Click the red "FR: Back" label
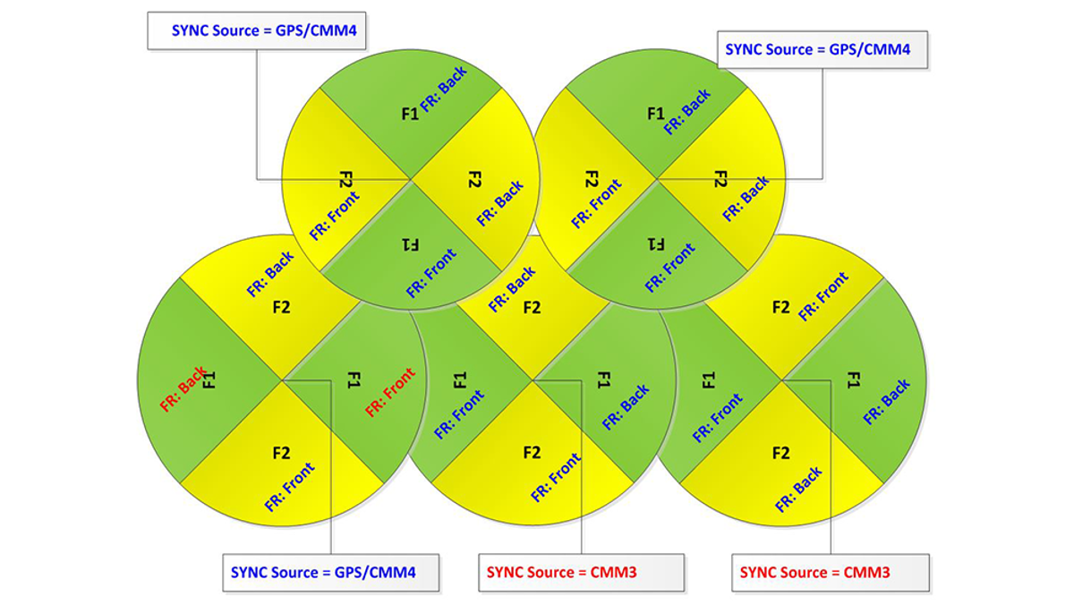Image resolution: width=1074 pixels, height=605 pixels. (x=184, y=388)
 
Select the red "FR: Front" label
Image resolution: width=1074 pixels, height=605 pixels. (x=390, y=392)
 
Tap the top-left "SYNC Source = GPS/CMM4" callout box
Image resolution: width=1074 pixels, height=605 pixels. (x=257, y=31)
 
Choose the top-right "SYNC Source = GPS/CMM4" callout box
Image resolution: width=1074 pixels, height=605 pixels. (x=823, y=50)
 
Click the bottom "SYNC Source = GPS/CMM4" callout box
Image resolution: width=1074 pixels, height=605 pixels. (x=331, y=573)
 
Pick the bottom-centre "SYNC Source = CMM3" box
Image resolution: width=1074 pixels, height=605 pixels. (x=581, y=573)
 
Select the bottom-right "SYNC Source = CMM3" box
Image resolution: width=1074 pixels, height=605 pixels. (x=831, y=573)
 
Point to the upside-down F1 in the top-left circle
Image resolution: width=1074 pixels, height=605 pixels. (x=410, y=245)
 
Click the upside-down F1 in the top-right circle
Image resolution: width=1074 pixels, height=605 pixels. (x=656, y=244)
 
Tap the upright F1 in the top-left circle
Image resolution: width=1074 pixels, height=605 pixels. (x=410, y=114)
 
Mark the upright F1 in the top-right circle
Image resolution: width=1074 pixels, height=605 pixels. (x=656, y=114)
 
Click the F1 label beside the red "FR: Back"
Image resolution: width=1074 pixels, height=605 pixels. (x=209, y=380)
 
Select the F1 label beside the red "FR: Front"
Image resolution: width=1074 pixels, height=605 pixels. (x=354, y=380)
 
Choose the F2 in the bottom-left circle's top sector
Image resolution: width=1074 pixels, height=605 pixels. (x=281, y=307)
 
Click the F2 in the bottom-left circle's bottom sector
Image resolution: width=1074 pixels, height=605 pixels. (x=281, y=453)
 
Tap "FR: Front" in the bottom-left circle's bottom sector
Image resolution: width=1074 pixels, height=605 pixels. (x=290, y=487)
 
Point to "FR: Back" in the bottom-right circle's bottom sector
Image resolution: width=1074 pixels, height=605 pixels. (x=798, y=489)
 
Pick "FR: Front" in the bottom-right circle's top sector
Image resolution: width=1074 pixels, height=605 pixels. (x=823, y=296)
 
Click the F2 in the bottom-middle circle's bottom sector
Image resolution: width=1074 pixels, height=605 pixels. (x=532, y=453)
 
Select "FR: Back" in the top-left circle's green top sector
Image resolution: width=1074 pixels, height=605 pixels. (x=444, y=89)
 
